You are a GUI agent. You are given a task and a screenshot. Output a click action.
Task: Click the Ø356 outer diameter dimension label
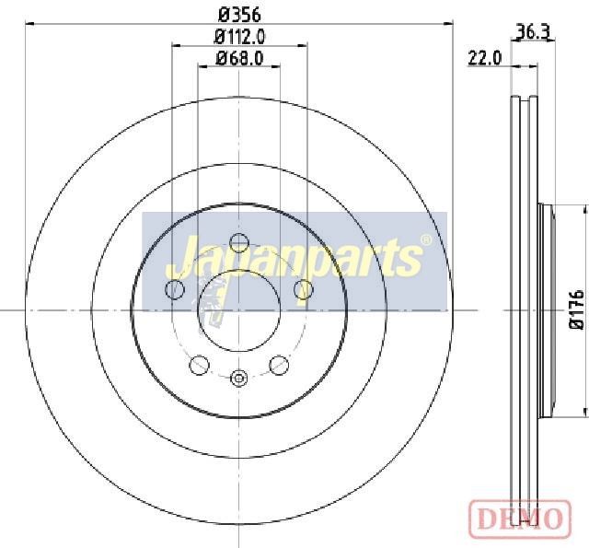click(239, 16)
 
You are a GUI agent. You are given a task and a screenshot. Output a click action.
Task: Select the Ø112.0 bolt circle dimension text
click(239, 37)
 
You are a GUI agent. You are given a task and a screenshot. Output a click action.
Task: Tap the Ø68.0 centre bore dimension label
click(239, 58)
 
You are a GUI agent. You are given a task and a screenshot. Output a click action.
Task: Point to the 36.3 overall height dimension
click(533, 32)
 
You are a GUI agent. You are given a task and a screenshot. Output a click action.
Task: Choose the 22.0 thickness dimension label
click(484, 58)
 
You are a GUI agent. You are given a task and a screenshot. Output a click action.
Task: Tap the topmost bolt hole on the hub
click(239, 242)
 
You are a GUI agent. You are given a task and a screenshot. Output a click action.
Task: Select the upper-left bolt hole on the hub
click(175, 289)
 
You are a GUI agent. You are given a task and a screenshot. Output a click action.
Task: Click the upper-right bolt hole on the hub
click(303, 289)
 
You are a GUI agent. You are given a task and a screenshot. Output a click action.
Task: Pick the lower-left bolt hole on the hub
click(199, 365)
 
